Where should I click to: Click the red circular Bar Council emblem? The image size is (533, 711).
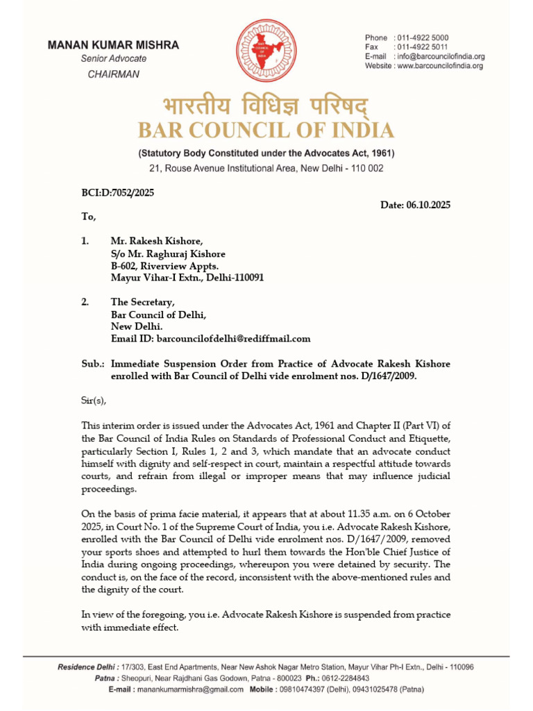[266, 52]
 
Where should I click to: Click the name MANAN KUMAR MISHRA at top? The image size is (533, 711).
[113, 45]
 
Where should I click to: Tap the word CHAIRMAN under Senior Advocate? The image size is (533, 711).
[113, 74]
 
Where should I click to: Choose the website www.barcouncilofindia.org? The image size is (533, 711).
[439, 66]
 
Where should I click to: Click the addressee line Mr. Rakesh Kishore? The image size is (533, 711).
[157, 241]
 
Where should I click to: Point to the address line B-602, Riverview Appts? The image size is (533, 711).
[164, 265]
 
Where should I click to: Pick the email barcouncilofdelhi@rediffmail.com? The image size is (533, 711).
[234, 339]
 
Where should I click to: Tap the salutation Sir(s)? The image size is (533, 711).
[94, 400]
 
